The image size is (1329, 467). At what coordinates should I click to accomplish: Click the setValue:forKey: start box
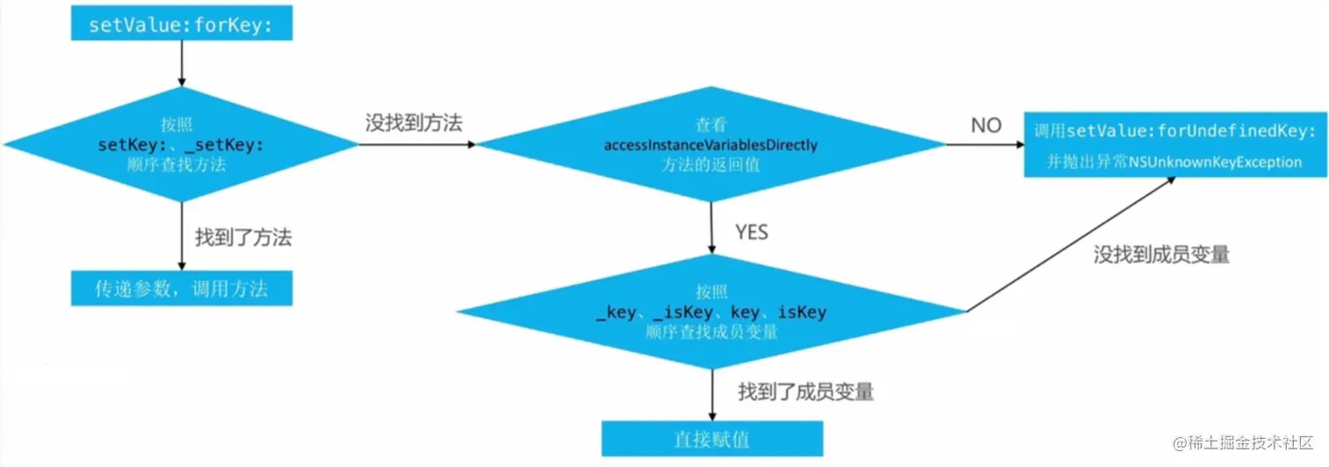point(181,24)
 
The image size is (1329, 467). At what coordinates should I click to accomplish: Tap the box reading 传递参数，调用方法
point(181,288)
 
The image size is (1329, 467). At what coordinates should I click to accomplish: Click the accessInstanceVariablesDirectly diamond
point(710,144)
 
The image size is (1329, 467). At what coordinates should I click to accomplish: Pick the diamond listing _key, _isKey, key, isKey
point(711,312)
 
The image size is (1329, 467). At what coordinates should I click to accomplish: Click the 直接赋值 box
point(711,438)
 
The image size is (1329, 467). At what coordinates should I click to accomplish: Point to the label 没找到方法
point(414,124)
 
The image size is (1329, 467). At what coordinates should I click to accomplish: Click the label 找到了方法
point(243,237)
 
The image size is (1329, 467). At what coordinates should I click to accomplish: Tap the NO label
point(986,126)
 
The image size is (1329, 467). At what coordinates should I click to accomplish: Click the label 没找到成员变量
point(1161,255)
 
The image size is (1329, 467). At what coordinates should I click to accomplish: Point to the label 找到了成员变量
point(806,391)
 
